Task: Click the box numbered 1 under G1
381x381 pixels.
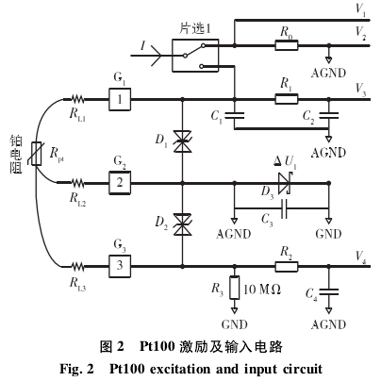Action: (120, 99)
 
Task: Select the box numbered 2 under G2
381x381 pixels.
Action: (120, 183)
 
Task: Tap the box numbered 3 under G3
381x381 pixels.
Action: (120, 266)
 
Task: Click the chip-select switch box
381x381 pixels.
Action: (195, 56)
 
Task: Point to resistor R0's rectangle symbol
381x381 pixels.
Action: (287, 45)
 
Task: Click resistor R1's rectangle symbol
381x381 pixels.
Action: (287, 99)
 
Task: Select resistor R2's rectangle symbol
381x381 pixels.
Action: (287, 267)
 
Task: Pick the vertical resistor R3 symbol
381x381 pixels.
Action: (234, 287)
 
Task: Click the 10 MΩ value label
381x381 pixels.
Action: (262, 289)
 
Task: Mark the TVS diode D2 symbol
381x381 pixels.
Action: (182, 224)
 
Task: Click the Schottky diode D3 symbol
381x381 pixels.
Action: (285, 183)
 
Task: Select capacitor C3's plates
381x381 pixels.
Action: (285, 208)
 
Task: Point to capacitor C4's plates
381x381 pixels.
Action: (329, 292)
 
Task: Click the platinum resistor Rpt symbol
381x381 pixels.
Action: (37, 154)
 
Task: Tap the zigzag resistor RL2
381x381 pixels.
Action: (77, 183)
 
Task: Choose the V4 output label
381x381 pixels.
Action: (360, 257)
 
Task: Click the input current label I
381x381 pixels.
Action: (142, 45)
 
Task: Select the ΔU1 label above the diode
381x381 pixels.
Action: (285, 161)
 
